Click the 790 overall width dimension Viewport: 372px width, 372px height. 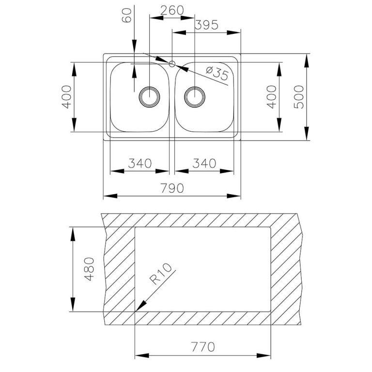(172, 188)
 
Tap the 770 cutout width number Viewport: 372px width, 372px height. (203, 347)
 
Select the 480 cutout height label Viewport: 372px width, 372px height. (90, 269)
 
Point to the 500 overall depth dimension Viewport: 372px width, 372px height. (298, 97)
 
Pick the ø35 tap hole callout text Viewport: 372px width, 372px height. (217, 73)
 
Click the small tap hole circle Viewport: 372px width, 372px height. (172, 64)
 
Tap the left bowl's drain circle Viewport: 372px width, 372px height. (149, 97)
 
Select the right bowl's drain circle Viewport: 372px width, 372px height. (195, 97)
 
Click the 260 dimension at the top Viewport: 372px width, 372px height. (172, 10)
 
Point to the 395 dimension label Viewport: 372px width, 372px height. (206, 25)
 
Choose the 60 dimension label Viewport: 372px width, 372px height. (127, 15)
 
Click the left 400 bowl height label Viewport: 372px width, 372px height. (66, 97)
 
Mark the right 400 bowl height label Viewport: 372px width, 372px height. (271, 97)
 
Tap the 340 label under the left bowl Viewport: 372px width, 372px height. (139, 163)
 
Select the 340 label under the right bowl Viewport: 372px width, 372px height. (204, 163)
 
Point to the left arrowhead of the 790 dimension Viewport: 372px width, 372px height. (110, 196)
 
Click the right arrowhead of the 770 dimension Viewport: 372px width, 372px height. (263, 356)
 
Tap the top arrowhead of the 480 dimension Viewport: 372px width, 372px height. (73, 234)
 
